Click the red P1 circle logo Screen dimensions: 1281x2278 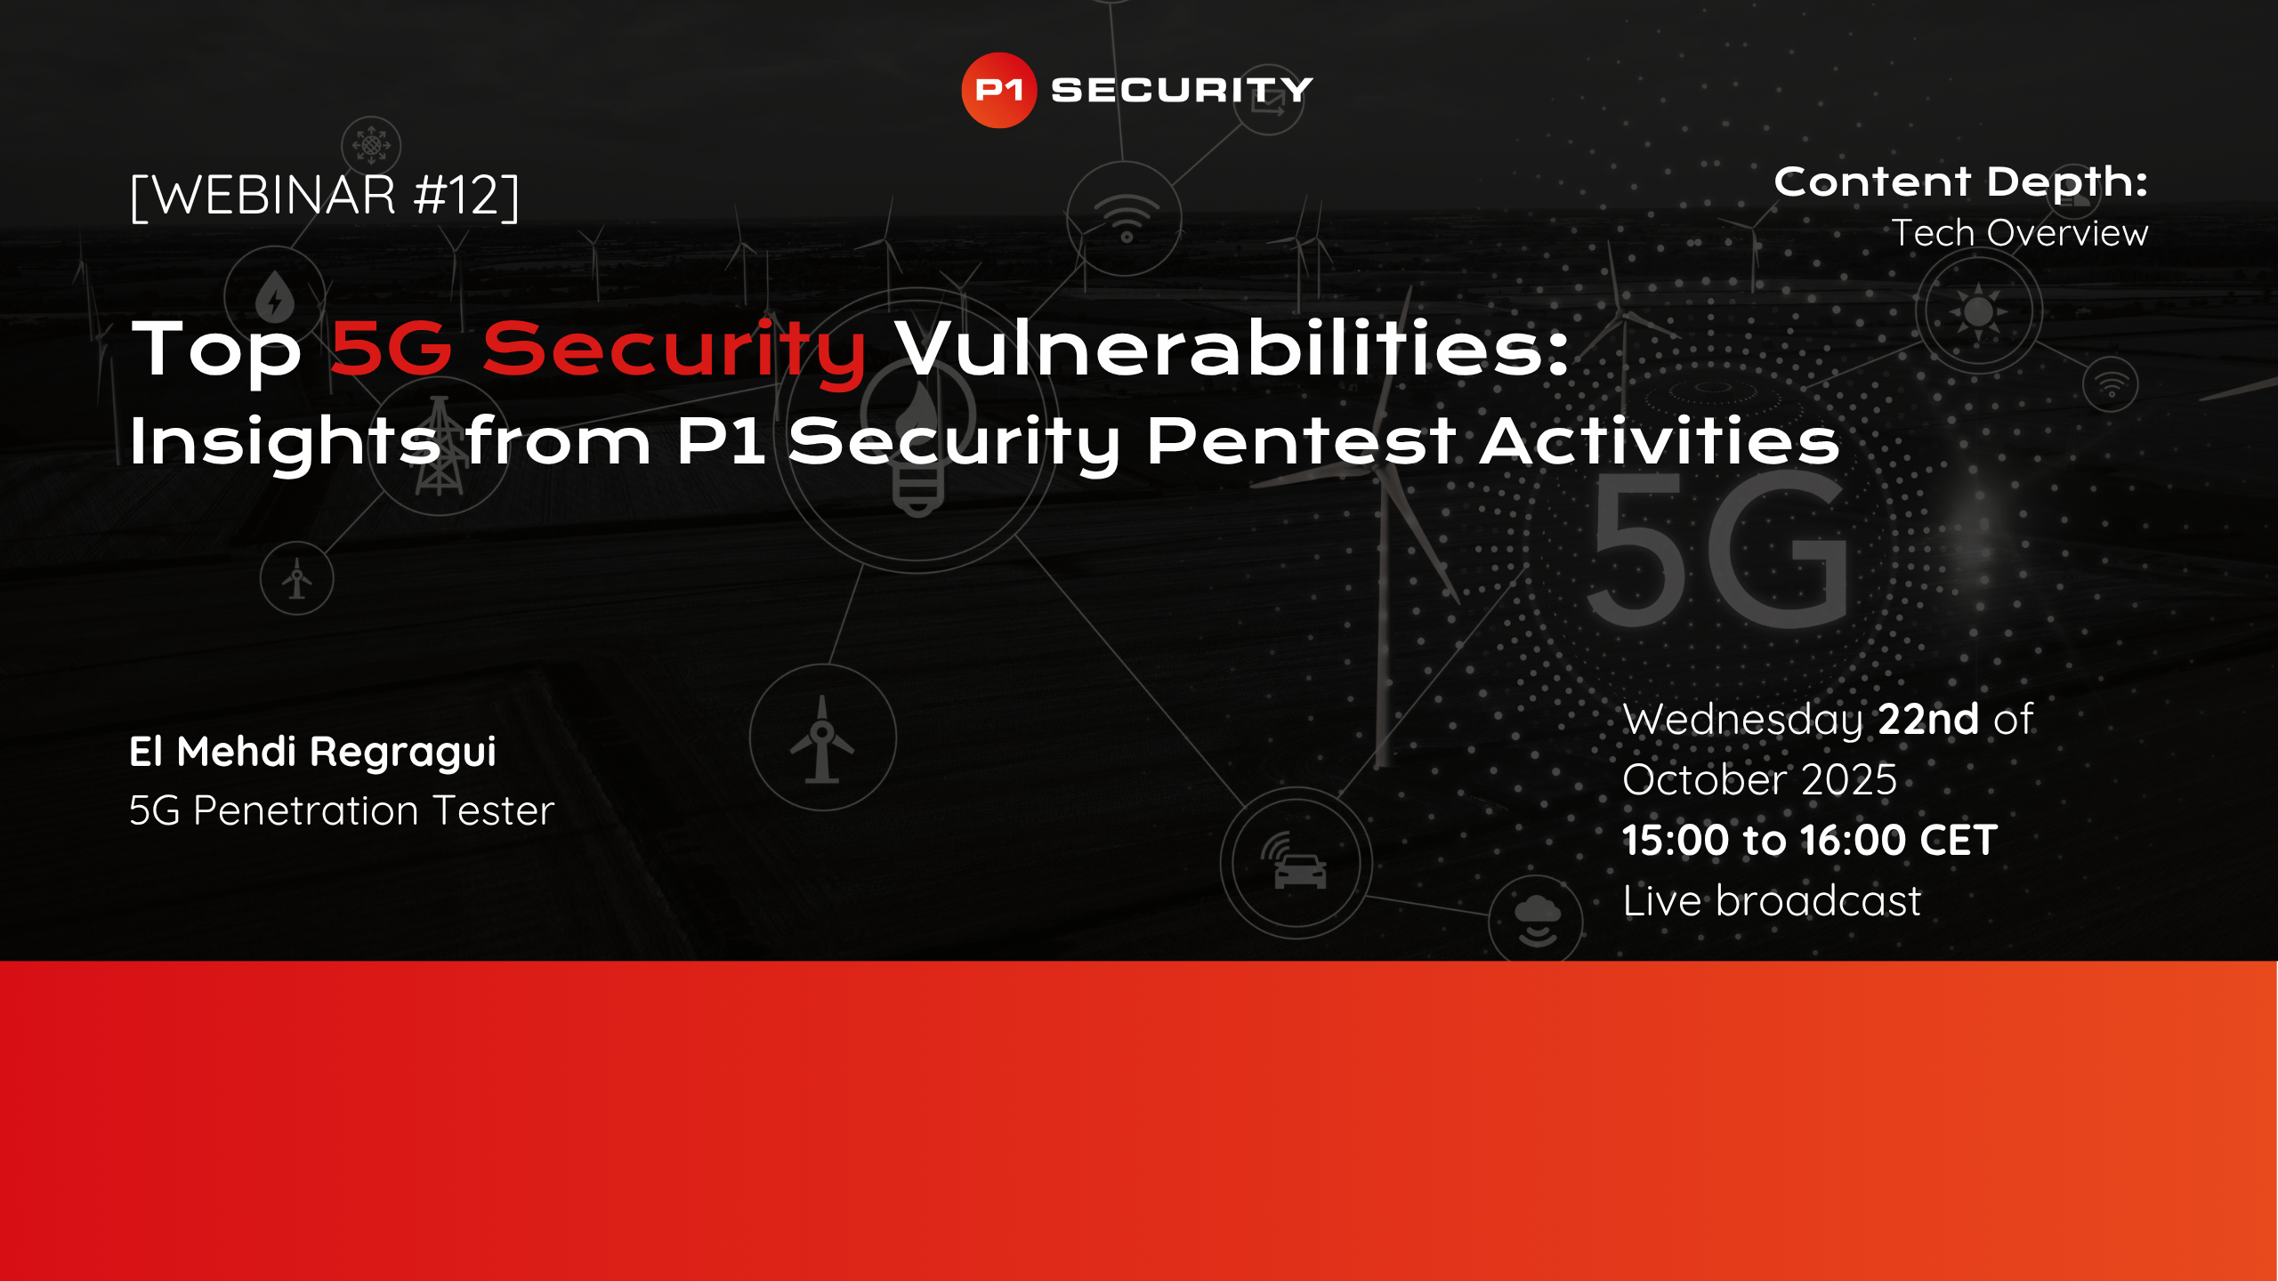998,90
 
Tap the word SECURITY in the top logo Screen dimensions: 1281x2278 1182,90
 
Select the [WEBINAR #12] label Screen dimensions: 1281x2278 325,196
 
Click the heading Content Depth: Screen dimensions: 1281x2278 1960,182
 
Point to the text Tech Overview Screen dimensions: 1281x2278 2019,233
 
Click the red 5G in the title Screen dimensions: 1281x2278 391,349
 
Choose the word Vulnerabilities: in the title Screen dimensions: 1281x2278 1232,349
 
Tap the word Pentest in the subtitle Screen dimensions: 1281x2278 1300,441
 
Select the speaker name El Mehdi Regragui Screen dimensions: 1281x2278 312,752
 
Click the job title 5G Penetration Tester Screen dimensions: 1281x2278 342,810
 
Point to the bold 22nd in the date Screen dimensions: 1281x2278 1928,719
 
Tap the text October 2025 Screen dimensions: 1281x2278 1759,780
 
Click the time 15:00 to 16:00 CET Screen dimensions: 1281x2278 1810,841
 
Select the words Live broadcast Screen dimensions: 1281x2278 1772,901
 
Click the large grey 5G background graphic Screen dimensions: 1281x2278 1717,552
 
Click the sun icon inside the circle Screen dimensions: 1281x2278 1978,311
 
